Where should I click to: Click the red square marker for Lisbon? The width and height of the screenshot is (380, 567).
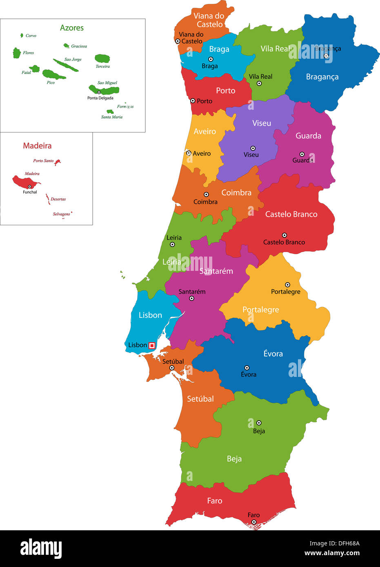152,346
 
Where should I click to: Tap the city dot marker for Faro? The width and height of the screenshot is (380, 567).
253,522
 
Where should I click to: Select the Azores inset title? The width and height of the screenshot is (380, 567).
72,28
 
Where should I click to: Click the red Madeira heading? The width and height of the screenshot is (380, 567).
37,146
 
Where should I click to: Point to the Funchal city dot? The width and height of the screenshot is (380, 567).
29,186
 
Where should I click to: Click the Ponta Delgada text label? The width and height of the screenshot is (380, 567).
100,98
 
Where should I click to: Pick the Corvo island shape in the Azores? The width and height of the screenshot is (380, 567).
22,35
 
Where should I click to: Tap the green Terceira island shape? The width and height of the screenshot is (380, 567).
102,58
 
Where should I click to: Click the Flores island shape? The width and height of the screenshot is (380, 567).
17,53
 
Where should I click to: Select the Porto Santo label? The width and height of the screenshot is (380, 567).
43,161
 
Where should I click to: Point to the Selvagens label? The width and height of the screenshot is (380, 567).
61,214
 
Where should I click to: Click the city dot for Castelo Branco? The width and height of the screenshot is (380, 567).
284,235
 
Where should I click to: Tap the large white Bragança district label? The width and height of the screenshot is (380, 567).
322,77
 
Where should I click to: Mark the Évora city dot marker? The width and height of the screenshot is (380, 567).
247,368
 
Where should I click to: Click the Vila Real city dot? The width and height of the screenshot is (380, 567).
259,83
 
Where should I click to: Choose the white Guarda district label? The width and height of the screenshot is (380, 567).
308,136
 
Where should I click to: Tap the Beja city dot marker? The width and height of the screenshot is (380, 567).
259,423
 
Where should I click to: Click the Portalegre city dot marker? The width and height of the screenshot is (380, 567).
287,285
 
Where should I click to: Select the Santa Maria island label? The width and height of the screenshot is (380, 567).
111,117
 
